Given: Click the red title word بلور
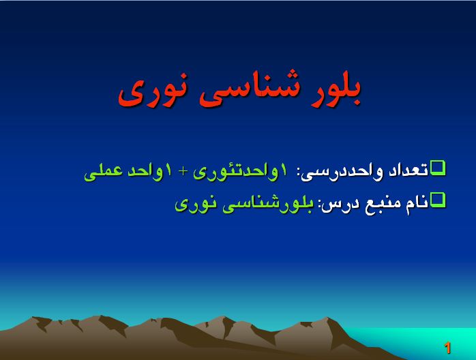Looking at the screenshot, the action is tap(335, 91).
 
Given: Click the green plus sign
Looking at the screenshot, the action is tap(183, 172).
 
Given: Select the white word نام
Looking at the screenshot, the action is tap(417, 203).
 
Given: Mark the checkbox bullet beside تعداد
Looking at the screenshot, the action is tap(438, 168).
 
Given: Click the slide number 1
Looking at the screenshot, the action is tap(447, 348).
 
